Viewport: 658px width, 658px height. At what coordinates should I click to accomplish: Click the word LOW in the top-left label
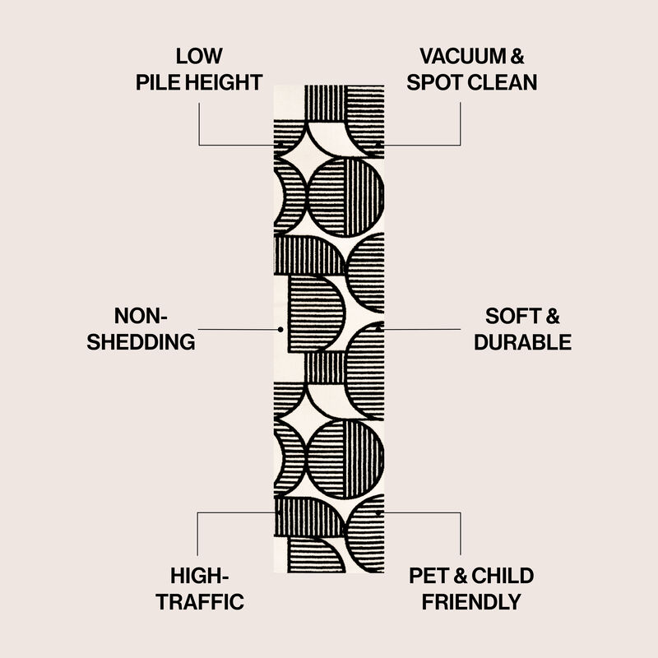199,57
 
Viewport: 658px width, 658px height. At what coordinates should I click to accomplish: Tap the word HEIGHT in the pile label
224,82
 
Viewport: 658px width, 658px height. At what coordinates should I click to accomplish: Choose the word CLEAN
504,82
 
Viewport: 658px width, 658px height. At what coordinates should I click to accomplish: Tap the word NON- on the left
141,316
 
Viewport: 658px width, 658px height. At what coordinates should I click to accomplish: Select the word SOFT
502,316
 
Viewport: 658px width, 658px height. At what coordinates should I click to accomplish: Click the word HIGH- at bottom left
199,575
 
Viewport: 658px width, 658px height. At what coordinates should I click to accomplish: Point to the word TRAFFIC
200,601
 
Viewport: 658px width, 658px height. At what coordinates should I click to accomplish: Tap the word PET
428,575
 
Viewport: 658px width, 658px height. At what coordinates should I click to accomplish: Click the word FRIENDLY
471,601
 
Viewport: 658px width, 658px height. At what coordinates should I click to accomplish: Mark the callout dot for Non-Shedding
280,329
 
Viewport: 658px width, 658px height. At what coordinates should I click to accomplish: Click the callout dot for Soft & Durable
379,327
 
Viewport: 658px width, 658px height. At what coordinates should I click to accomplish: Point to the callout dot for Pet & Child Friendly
378,512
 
